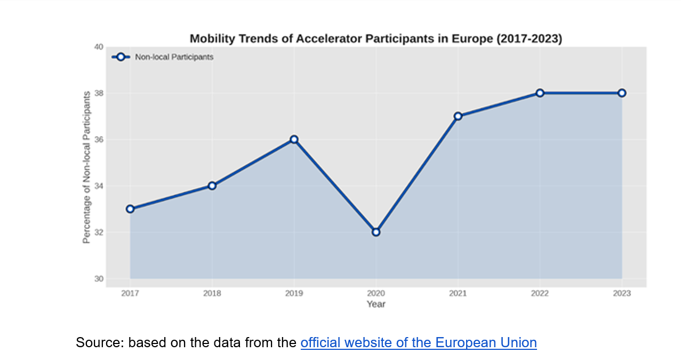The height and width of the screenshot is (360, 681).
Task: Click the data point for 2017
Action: pyautogui.click(x=130, y=209)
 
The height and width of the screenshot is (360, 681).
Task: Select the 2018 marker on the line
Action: pyautogui.click(x=212, y=186)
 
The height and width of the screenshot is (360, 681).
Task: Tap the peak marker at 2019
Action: pyautogui.click(x=294, y=139)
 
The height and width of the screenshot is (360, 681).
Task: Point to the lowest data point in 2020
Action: pyautogui.click(x=376, y=232)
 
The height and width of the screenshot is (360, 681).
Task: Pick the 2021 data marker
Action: pyautogui.click(x=458, y=116)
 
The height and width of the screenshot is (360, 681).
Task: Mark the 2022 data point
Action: pyautogui.click(x=540, y=93)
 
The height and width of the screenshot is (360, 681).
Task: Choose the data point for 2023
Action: pyautogui.click(x=622, y=93)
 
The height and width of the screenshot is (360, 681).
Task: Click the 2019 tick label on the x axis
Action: pyautogui.click(x=294, y=293)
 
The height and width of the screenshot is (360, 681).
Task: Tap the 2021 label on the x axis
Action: pyautogui.click(x=458, y=293)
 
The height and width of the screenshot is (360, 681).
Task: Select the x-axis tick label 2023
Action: pyautogui.click(x=622, y=293)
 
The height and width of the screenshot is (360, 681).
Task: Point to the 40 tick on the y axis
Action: pyautogui.click(x=99, y=47)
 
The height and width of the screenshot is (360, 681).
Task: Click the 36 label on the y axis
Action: pyautogui.click(x=99, y=140)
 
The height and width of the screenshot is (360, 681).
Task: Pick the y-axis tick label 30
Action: pyautogui.click(x=99, y=279)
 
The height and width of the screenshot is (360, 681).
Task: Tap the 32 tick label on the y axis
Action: pyautogui.click(x=99, y=233)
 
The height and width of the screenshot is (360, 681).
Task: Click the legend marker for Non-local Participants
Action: pyautogui.click(x=121, y=57)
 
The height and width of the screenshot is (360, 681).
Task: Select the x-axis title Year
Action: pyautogui.click(x=376, y=304)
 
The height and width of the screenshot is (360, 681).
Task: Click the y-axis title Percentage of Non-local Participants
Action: pyautogui.click(x=86, y=167)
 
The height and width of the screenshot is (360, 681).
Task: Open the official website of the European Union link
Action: pyautogui.click(x=419, y=342)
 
